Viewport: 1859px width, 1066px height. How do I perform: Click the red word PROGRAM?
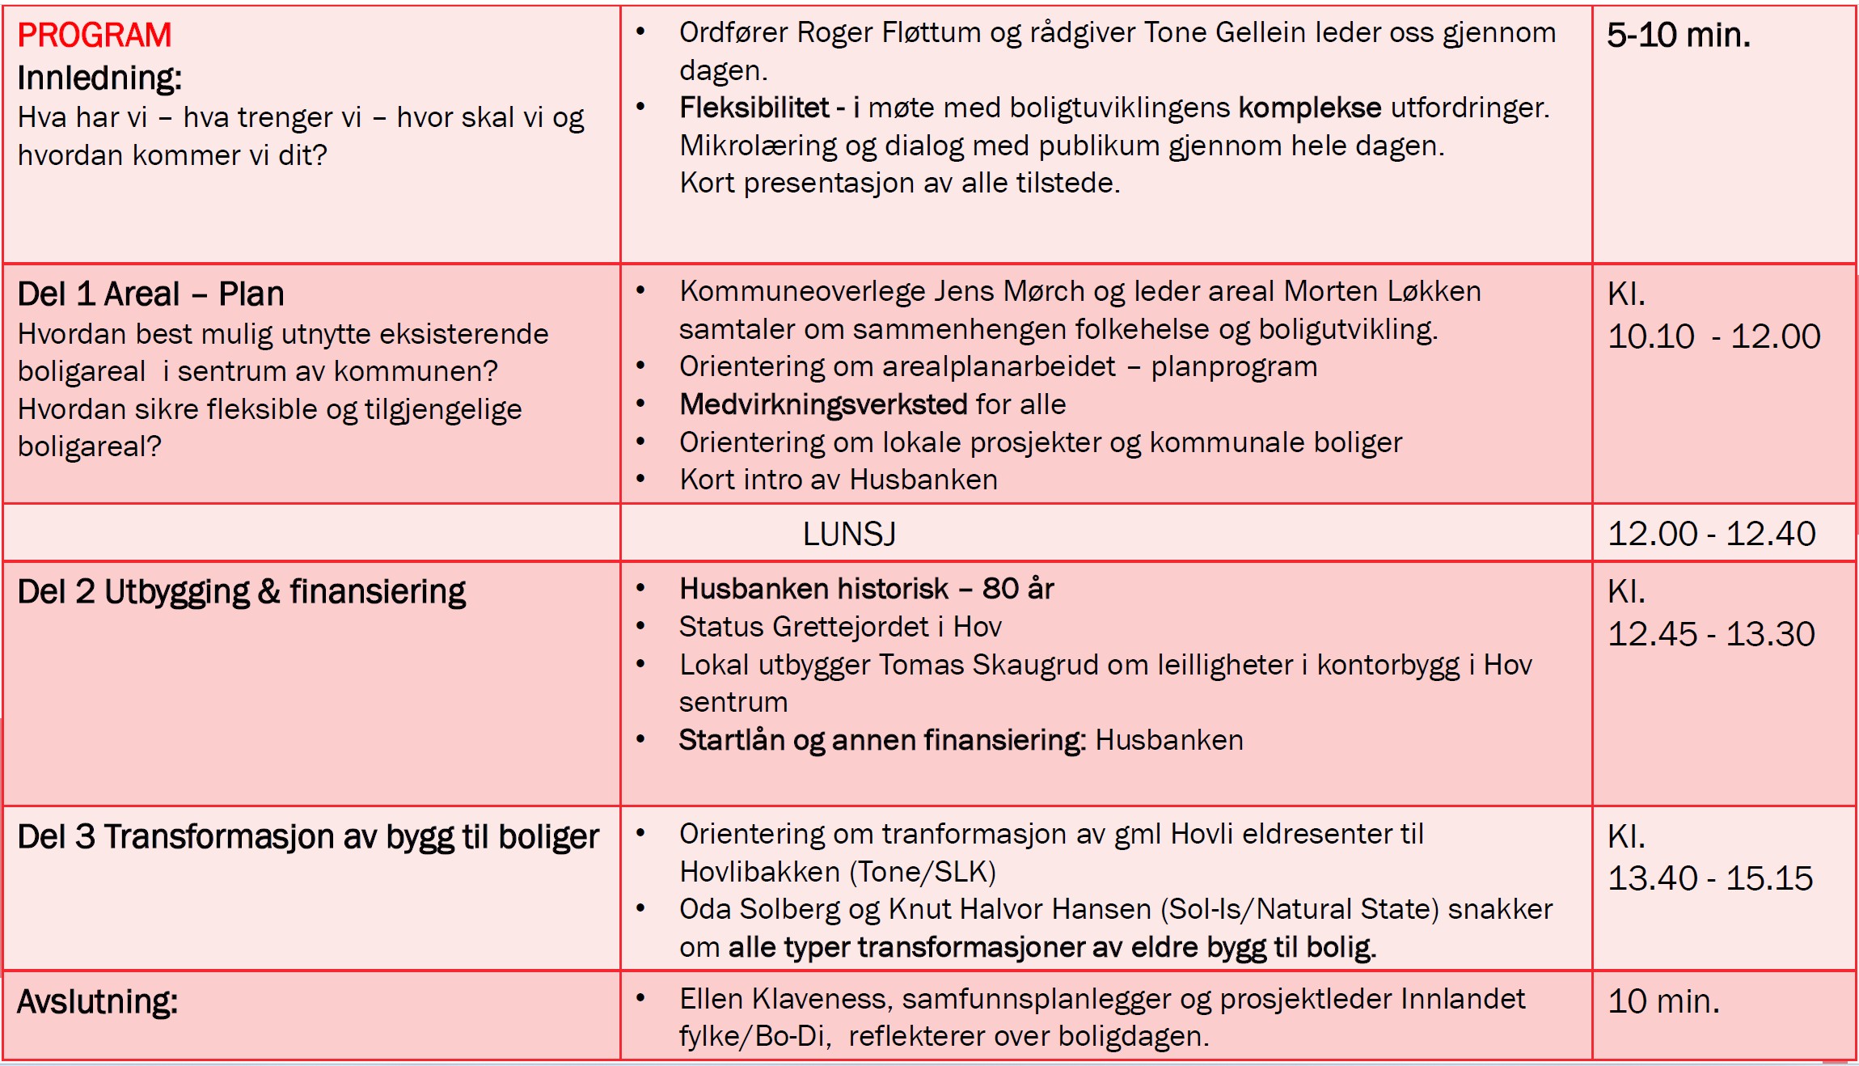(94, 36)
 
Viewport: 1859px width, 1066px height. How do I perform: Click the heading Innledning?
(99, 78)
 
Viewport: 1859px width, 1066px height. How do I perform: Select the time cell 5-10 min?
(1678, 36)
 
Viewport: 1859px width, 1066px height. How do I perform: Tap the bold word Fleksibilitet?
(754, 108)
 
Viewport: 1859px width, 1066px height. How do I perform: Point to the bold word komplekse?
(1309, 108)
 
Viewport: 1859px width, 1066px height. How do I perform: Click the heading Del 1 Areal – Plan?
(150, 294)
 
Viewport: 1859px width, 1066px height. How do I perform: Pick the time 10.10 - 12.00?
(1713, 336)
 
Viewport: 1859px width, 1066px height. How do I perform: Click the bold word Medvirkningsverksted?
(823, 404)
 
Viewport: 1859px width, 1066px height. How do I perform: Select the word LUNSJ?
(849, 534)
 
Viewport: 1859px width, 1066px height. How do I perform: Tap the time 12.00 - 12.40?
(1711, 534)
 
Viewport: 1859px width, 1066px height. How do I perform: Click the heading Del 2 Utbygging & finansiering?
(241, 592)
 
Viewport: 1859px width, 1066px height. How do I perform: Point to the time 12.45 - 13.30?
(1711, 634)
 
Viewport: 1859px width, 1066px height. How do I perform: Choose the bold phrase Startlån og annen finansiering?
(881, 740)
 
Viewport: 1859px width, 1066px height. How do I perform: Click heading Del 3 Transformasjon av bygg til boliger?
(308, 837)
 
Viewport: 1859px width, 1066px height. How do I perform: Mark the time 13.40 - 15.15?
(1710, 878)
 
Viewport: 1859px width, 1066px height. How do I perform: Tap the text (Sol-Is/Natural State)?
(1299, 909)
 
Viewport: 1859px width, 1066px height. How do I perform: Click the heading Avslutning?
(97, 1002)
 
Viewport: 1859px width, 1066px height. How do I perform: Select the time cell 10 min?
(1663, 1002)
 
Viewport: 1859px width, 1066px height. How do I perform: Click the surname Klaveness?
(822, 999)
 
